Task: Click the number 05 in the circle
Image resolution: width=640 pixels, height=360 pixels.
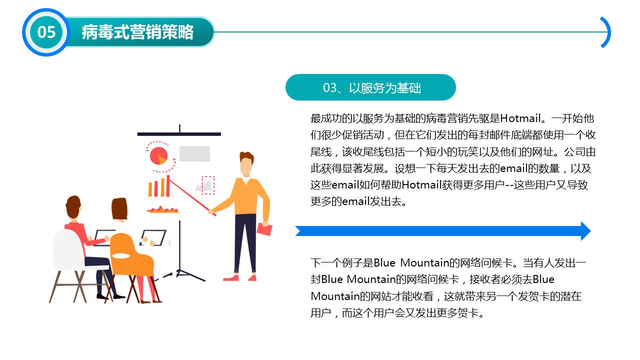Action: [46, 32]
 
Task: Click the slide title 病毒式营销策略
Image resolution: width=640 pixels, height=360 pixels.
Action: [137, 32]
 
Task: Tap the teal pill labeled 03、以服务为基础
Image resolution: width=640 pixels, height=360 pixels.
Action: [370, 87]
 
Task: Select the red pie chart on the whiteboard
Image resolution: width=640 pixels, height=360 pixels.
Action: [158, 156]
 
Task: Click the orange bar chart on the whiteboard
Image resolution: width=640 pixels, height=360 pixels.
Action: [158, 187]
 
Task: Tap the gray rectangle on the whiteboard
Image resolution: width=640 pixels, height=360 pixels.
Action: [194, 153]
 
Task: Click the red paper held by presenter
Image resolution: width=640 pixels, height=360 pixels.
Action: [264, 229]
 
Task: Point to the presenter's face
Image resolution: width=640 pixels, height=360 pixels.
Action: [245, 166]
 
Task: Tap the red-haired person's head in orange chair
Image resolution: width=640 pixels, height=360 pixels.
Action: [119, 208]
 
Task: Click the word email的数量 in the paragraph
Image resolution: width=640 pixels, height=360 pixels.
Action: [522, 168]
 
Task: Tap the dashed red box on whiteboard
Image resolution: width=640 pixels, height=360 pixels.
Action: [208, 185]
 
